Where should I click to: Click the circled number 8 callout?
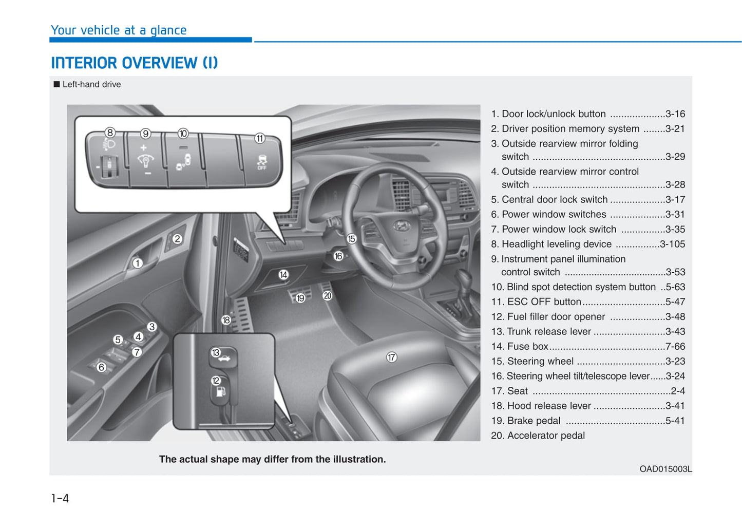[x=110, y=133]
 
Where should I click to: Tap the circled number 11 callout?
[x=260, y=138]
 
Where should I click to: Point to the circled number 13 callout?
[x=216, y=352]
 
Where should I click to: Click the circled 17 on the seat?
[x=391, y=357]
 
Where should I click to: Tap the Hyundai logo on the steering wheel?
[x=402, y=225]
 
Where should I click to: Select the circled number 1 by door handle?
[x=138, y=263]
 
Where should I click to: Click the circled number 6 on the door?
[x=101, y=367]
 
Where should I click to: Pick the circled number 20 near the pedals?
[x=327, y=295]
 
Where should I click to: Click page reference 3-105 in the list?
[x=672, y=244]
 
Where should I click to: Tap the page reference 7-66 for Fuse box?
[x=675, y=346]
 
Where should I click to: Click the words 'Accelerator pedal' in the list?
[x=546, y=436]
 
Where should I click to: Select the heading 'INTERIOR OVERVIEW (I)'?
[x=135, y=63]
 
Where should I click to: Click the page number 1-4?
[x=60, y=498]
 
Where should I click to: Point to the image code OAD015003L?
[x=665, y=469]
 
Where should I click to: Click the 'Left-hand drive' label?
[x=91, y=84]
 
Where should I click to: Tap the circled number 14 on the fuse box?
[x=283, y=275]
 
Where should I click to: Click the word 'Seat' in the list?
[x=517, y=391]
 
